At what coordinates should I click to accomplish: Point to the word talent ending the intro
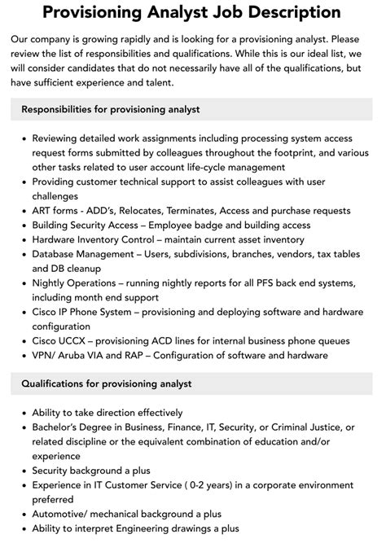point(169,82)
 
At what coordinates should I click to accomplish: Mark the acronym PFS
point(261,283)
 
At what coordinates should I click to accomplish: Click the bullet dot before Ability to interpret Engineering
point(23,528)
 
